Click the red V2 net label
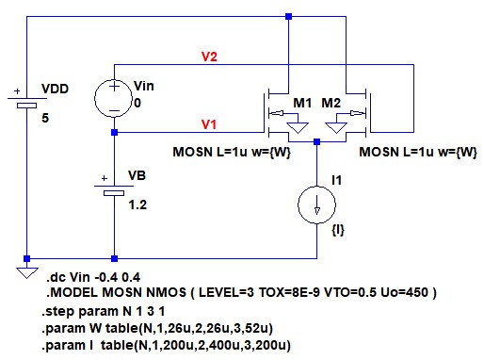(209, 57)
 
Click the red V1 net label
(209, 124)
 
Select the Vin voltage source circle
(114, 98)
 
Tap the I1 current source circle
(316, 205)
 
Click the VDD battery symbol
(27, 102)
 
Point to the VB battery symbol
(114, 189)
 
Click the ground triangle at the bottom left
(27, 272)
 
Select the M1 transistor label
(302, 103)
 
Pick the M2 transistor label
(331, 103)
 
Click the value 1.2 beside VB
(137, 205)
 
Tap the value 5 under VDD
(45, 118)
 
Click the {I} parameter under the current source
(338, 230)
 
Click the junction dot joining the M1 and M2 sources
(316, 141)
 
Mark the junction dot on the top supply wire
(288, 16)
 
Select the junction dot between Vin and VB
(114, 132)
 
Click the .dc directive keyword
(56, 278)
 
